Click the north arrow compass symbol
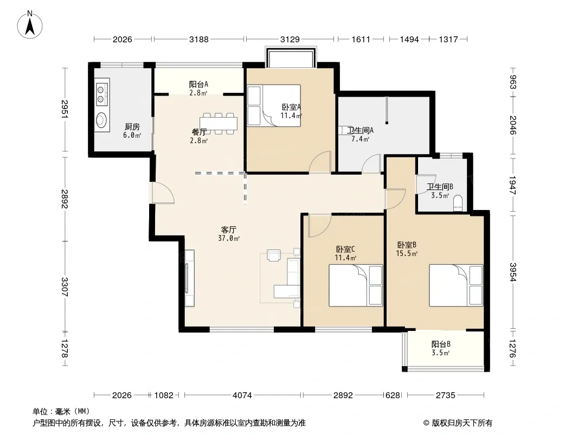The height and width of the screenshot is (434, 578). pos(30,24)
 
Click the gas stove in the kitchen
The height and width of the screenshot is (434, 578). pos(102,94)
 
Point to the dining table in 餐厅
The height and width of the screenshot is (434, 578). pos(219,124)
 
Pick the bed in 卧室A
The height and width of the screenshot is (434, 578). pos(274,106)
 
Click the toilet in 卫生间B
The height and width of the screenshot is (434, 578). pos(458,203)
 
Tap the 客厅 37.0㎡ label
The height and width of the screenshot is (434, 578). pos(229,234)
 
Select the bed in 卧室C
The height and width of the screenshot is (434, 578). pos(356,285)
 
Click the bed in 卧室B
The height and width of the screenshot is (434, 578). pos(456,285)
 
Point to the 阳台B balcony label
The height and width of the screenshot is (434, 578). pos(441,348)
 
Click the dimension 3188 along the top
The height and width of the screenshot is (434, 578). pos(198,39)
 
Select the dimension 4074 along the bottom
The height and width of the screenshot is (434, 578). pos(242,395)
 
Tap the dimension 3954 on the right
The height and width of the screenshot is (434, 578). pos(513,272)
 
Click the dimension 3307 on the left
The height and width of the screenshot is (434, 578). pos(65,287)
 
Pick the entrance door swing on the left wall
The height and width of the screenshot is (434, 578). pos(162,193)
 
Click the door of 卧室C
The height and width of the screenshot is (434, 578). pos(319,226)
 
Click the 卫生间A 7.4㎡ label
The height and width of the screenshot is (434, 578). pos(360,135)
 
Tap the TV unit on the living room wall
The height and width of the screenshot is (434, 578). pos(189,278)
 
